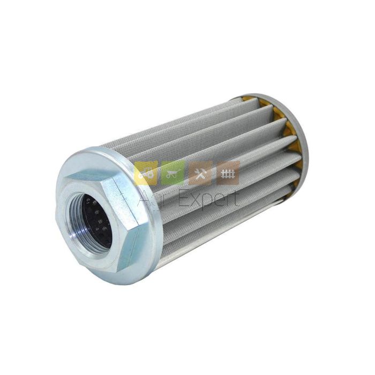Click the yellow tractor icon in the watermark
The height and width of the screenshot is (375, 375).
(x=146, y=173)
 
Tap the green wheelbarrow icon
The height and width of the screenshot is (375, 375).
(x=173, y=173)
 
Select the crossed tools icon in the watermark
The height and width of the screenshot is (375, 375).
(x=200, y=173)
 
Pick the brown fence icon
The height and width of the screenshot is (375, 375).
(x=228, y=173)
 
